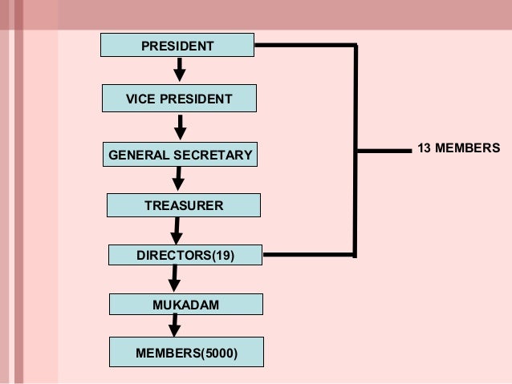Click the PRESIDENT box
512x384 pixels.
click(x=177, y=46)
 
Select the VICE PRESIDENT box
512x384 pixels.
click(x=179, y=99)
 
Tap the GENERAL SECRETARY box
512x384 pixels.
click(x=181, y=154)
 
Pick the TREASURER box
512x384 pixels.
click(x=184, y=206)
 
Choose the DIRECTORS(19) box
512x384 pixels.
click(x=185, y=256)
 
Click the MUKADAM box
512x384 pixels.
click(x=185, y=305)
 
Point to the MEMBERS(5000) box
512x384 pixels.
click(x=186, y=352)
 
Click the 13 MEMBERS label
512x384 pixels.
click(x=458, y=148)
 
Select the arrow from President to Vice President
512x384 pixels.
click(x=180, y=70)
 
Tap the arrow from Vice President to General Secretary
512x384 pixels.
click(x=181, y=127)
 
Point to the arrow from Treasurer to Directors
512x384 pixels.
click(x=177, y=232)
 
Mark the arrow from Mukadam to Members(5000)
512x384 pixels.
click(x=173, y=326)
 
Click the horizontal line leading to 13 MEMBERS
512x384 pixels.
click(x=384, y=149)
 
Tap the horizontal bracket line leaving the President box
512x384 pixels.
click(x=305, y=46)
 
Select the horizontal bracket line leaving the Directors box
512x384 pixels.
click(x=309, y=256)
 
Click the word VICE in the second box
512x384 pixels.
click(x=141, y=99)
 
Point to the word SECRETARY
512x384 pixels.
click(x=216, y=154)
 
